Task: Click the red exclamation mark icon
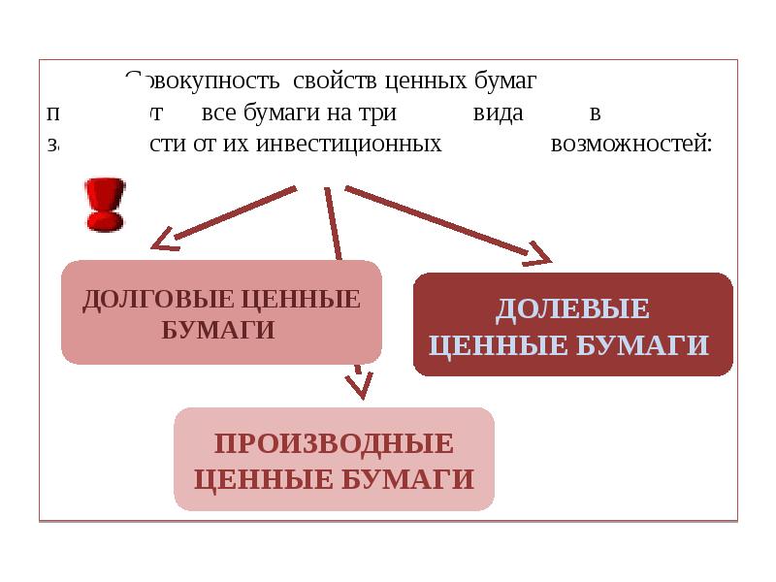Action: [x=104, y=204]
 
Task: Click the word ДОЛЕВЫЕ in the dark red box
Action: [x=572, y=309]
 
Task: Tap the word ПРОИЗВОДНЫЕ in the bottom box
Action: [x=334, y=444]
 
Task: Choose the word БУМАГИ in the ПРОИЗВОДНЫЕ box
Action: [x=412, y=478]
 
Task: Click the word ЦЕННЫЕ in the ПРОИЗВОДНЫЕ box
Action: [x=254, y=478]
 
